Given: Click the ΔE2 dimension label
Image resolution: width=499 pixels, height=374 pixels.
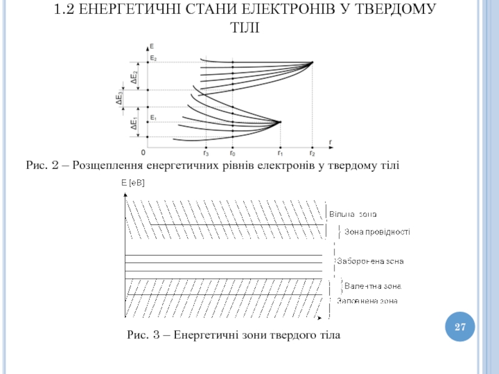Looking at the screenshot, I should coord(133,76).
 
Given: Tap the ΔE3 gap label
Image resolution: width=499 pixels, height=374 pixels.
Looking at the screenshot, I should coord(119,98).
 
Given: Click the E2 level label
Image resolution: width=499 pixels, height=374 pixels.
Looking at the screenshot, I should coord(153,59).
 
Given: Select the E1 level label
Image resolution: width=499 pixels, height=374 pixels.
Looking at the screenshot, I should coord(153,117).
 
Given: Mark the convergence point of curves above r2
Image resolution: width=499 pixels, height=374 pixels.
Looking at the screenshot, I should coord(312,62).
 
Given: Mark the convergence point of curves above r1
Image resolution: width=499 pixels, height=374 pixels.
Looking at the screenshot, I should coord(280,122).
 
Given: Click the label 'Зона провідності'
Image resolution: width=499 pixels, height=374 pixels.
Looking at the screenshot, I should coord(377,231).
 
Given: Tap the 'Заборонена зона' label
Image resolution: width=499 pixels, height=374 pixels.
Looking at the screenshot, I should coord(370,261).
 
